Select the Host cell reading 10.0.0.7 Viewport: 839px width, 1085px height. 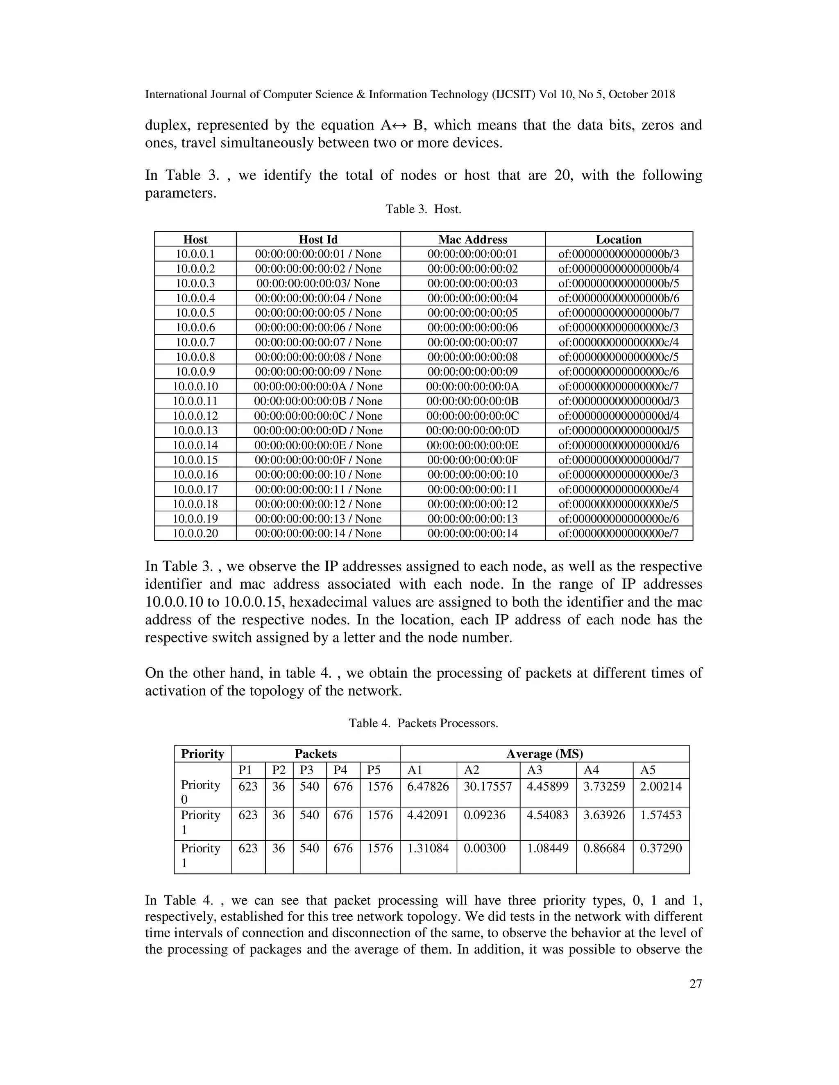pos(195,342)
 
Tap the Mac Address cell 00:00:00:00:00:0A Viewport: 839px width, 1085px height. pos(472,387)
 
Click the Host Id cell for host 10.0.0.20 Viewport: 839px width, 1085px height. pos(318,533)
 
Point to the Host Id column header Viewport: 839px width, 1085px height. pos(318,240)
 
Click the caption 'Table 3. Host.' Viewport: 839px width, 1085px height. pos(423,209)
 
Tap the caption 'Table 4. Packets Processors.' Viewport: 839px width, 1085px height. pos(423,723)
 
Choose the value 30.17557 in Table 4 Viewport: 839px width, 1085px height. pos(487,787)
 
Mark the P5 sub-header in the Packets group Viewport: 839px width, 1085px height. pos(373,770)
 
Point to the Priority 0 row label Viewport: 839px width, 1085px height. pos(200,792)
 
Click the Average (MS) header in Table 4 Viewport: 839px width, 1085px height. pos(544,754)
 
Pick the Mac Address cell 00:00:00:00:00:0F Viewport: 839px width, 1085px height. pos(472,460)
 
